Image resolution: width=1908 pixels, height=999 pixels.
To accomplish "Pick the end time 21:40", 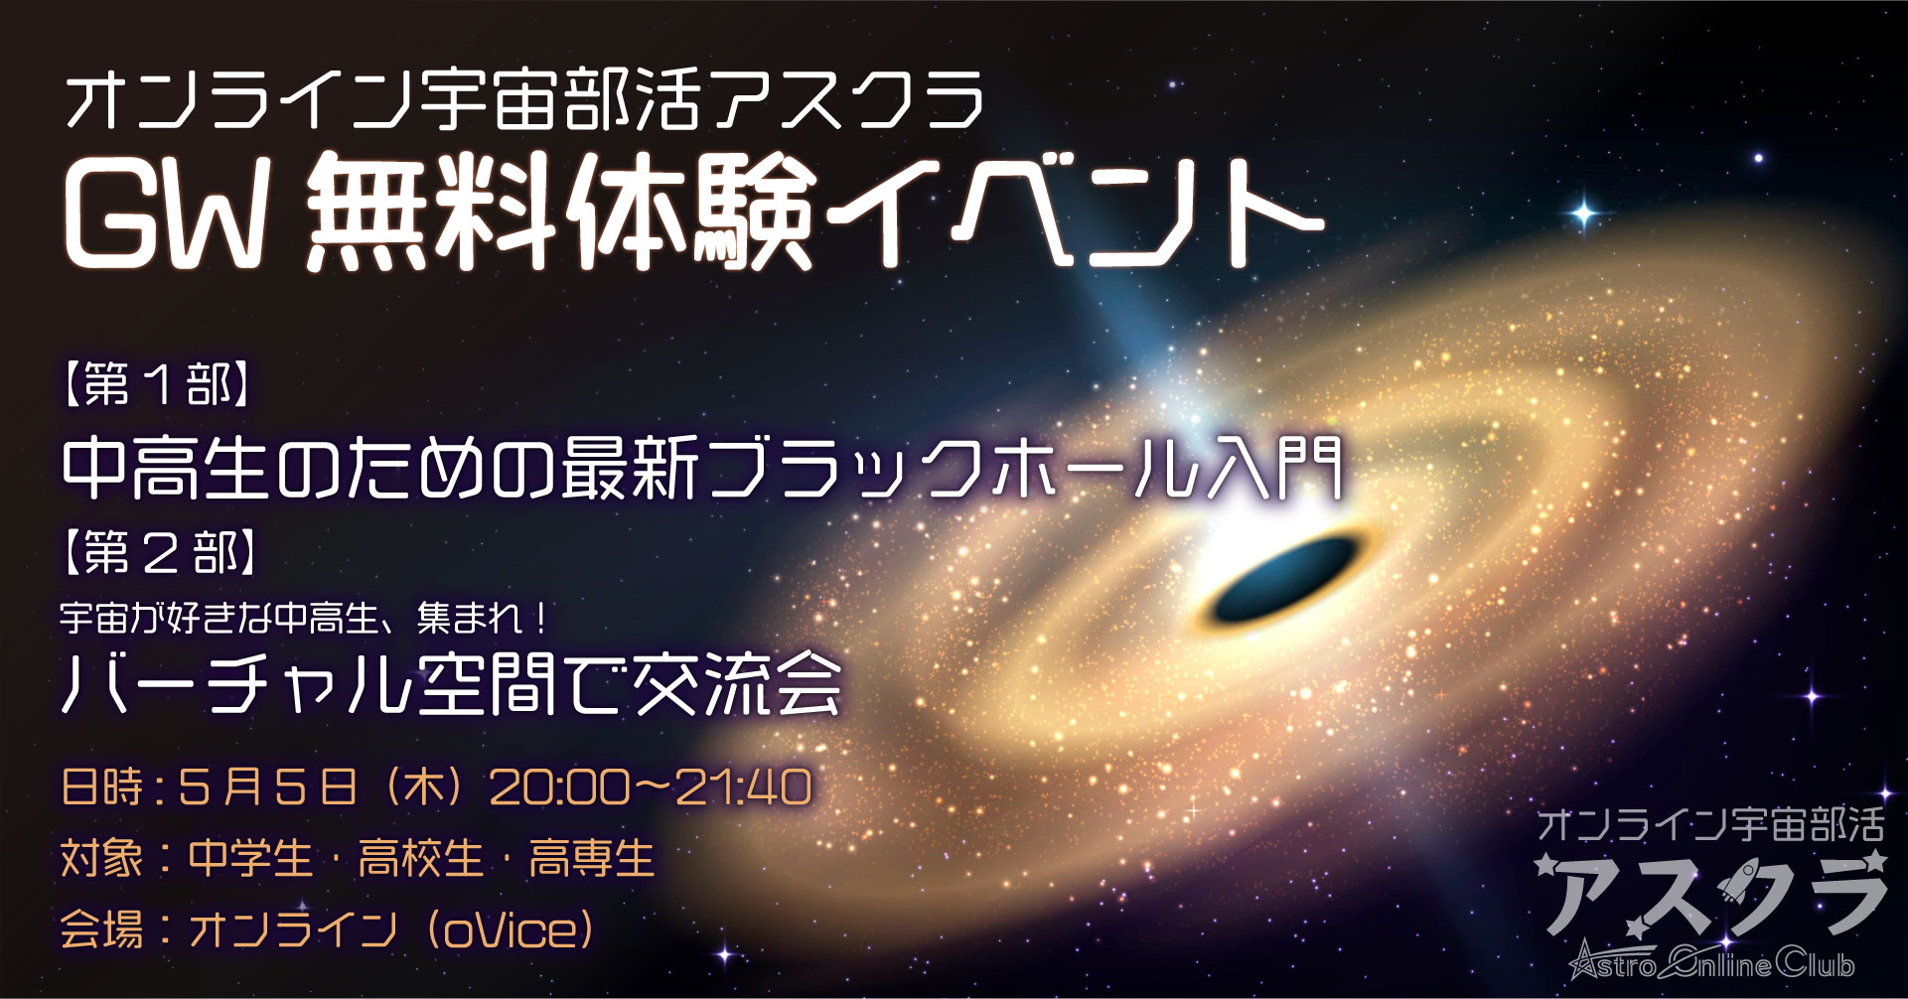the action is coord(744,787).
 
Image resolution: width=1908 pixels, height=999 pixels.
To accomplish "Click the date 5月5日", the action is coord(268,787).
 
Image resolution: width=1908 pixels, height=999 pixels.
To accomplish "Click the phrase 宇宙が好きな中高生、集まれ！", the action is coord(305,619).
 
